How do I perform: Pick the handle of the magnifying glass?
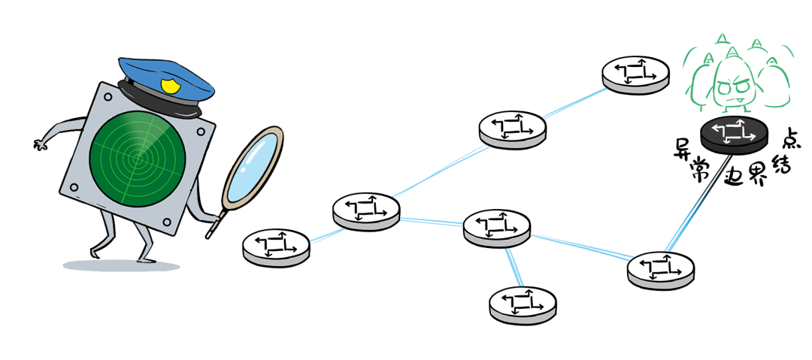coord(215,224)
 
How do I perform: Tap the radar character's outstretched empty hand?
coord(39,142)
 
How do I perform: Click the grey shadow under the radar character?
coord(120,265)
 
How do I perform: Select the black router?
coord(734,133)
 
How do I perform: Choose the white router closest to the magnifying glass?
coord(276,245)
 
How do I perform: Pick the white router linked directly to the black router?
coord(661,268)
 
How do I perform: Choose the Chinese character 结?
coord(780,163)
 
